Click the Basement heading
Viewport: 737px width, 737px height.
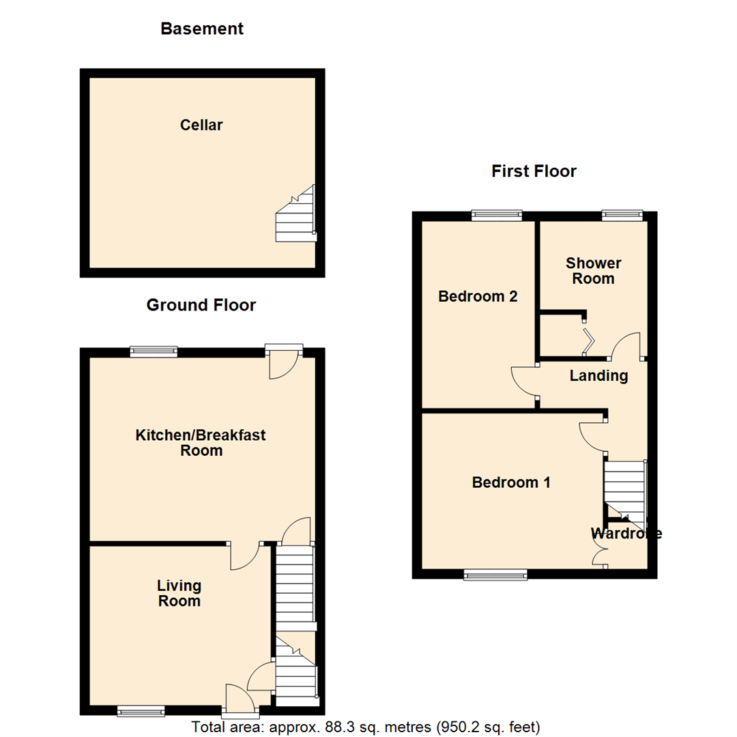[x=202, y=29]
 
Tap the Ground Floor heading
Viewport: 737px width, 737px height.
[x=201, y=305]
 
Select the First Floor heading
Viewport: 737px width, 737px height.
[x=534, y=171]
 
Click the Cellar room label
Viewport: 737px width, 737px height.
[x=201, y=125]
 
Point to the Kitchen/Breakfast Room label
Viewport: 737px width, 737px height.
[x=201, y=443]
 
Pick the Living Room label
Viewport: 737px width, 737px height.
[x=179, y=593]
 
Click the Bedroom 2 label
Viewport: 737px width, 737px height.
[x=478, y=297]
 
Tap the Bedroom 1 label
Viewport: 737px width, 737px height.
[x=511, y=482]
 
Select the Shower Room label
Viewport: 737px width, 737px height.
[x=593, y=271]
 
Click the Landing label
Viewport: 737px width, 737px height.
[x=598, y=375]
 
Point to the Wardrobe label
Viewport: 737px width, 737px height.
[x=626, y=534]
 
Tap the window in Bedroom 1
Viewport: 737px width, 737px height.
[x=495, y=575]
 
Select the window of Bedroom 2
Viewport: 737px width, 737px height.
[x=497, y=216]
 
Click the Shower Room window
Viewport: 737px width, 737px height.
[x=622, y=216]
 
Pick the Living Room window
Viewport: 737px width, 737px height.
[x=141, y=711]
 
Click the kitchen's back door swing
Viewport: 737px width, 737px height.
[x=283, y=366]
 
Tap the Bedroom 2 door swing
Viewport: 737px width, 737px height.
[x=524, y=381]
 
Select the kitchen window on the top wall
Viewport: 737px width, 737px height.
[x=154, y=352]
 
